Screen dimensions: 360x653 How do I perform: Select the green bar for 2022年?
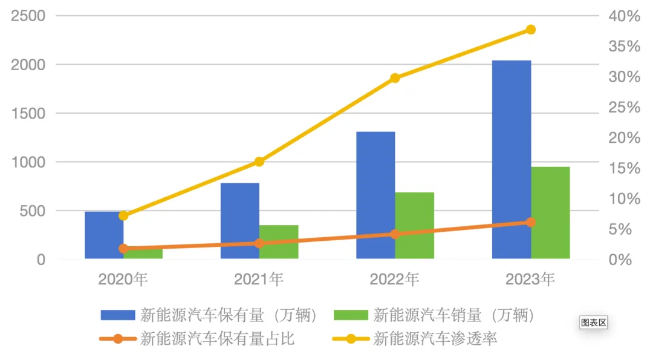pos(415,225)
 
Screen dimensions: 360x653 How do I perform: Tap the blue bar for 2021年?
pos(240,220)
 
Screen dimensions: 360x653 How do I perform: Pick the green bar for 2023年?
pos(551,212)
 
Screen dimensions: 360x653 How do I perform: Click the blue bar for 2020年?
pos(104,235)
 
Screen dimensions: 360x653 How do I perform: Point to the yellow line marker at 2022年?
pos(395,78)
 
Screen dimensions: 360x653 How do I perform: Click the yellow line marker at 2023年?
pos(531,30)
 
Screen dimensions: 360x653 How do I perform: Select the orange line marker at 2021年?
pos(259,243)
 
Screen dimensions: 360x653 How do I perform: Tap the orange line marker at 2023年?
pos(531,222)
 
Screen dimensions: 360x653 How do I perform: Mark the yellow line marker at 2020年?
pos(123,215)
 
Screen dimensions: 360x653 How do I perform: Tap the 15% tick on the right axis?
pos(623,168)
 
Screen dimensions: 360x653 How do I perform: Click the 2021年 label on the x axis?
pos(259,279)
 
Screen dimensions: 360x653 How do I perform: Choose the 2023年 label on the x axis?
pos(530,279)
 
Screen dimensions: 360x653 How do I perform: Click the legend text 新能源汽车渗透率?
pos(435,338)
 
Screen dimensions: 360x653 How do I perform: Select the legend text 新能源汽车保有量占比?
pos(217,338)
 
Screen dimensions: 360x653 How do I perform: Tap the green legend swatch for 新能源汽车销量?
pos(351,315)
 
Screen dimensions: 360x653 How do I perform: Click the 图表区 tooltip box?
pos(593,322)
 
